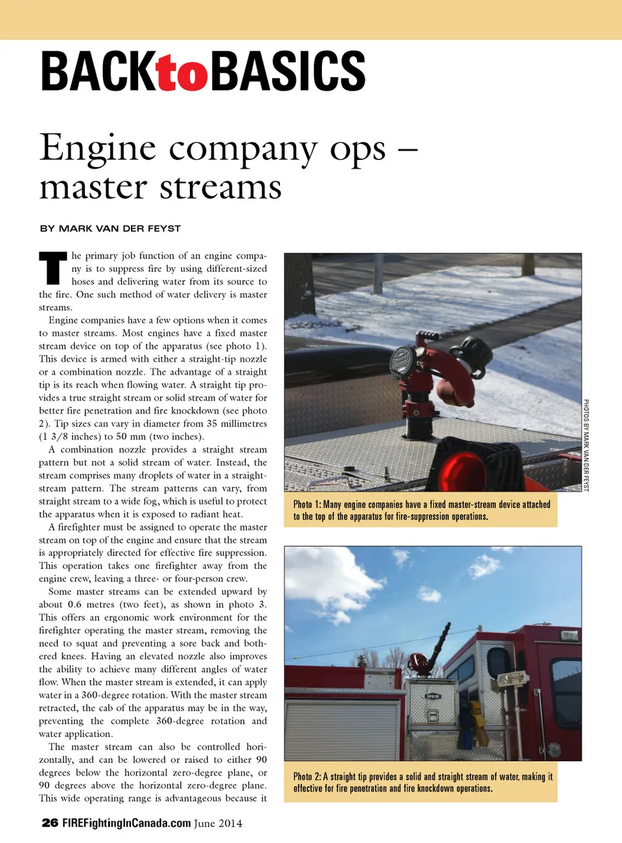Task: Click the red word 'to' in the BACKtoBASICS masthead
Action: coord(182,73)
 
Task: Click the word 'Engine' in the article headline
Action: coord(98,148)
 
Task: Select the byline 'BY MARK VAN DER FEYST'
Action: coord(110,228)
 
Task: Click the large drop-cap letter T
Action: coord(52,268)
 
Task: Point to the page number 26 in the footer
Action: coord(50,823)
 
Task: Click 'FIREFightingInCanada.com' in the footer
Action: coord(126,823)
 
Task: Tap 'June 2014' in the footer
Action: coord(218,823)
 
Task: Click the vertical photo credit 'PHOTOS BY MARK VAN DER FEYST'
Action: coord(586,445)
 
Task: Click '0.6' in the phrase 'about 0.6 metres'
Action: coord(76,605)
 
